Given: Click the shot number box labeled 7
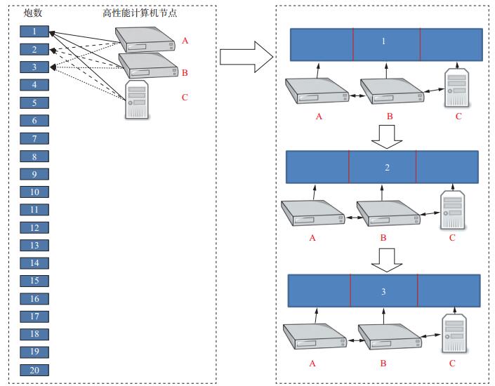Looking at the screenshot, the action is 34,138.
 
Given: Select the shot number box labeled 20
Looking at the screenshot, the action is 34,371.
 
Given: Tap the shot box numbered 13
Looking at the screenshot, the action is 34,245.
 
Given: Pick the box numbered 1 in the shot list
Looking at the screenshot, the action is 34,32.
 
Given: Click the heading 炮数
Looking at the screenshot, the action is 33,13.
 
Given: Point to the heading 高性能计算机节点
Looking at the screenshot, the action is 140,13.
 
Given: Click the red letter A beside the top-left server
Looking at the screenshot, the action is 185,41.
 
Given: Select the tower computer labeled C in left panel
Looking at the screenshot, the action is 137,100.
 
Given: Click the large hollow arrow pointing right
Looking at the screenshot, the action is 246,57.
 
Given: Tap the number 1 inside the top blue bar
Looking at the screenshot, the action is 383,41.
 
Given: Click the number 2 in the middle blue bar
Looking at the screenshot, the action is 387,168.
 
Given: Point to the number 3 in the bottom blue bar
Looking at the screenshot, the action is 383,291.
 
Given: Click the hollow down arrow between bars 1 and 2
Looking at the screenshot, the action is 387,137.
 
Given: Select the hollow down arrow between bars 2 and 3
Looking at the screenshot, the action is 387,260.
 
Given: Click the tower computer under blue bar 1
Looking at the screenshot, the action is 456,88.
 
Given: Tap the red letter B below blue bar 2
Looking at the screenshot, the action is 383,238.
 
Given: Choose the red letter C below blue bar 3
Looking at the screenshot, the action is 452,364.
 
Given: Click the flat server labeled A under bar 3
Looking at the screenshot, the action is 315,336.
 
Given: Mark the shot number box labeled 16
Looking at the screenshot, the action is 34,298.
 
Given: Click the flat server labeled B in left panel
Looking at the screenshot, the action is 148,66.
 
